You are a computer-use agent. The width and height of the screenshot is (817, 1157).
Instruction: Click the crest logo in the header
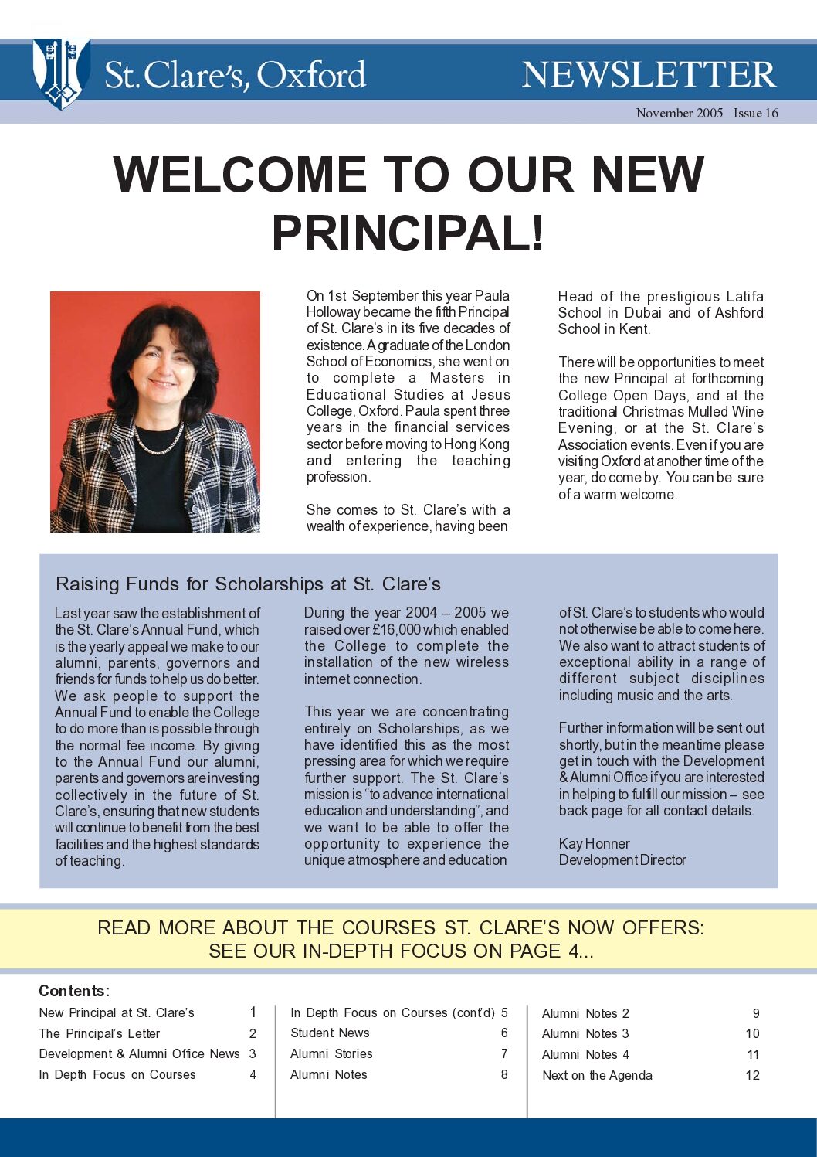(61, 73)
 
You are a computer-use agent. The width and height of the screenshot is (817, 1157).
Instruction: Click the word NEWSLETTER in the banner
(648, 75)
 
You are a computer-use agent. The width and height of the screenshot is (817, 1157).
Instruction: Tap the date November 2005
(679, 113)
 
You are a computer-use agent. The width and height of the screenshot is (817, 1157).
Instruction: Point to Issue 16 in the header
(755, 113)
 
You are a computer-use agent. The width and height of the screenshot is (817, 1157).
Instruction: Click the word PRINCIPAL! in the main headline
(408, 233)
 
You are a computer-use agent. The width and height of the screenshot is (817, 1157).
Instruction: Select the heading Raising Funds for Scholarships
(248, 584)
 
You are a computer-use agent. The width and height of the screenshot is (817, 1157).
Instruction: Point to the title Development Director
(622, 859)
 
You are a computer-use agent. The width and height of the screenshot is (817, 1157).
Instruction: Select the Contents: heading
(74, 991)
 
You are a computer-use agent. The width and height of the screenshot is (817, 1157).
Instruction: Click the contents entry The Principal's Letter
(99, 1033)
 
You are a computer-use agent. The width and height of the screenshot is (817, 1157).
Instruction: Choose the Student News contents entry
(330, 1033)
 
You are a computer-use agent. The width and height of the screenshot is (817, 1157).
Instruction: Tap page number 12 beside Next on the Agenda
(752, 1075)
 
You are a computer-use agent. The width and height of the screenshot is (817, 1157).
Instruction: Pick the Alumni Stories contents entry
(331, 1053)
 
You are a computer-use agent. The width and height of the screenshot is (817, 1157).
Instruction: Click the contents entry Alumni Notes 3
(585, 1033)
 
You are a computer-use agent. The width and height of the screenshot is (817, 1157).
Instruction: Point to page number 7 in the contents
(504, 1053)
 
